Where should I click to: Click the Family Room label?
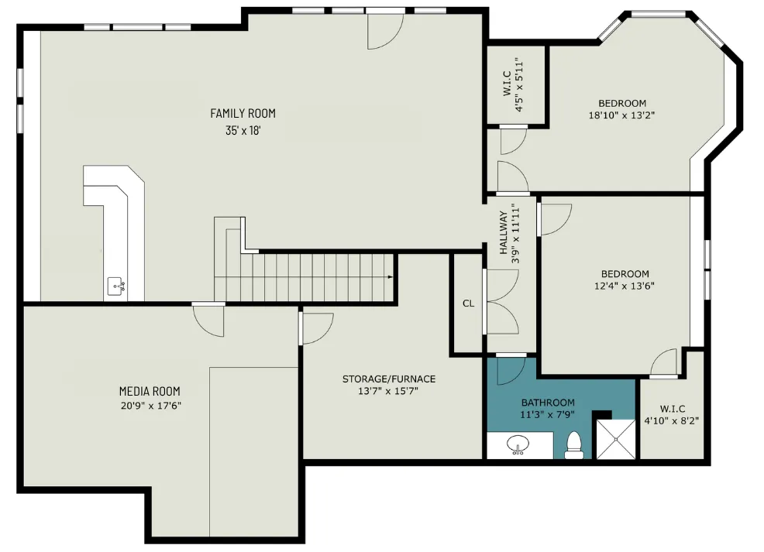coord(243,113)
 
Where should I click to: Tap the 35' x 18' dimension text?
coord(243,131)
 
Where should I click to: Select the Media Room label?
coord(150,392)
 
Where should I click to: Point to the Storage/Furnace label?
coord(389,379)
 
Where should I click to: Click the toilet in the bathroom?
coord(574,446)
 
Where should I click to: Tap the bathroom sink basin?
coord(518,444)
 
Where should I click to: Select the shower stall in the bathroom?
coord(616,439)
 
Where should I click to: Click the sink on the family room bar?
coord(116,285)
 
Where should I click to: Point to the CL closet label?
coord(468,303)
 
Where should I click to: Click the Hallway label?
coord(504,233)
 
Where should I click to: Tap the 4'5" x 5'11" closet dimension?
coord(519,84)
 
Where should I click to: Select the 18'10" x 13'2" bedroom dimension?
coord(621,115)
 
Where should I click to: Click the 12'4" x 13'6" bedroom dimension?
coord(625,286)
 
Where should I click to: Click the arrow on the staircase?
coord(391,277)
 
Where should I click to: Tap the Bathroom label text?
coord(548,403)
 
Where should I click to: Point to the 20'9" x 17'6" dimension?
coord(151,406)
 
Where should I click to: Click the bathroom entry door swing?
coord(511,371)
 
